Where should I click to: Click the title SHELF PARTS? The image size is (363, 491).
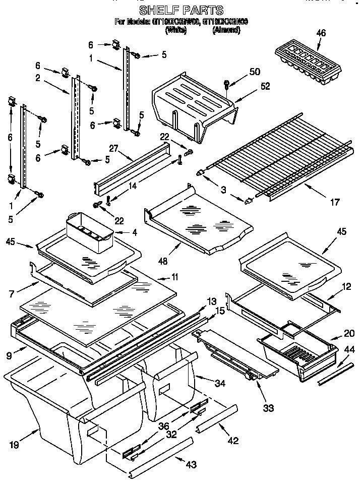pyautogui.click(x=181, y=10)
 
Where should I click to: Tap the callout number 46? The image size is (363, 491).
pyautogui.click(x=321, y=33)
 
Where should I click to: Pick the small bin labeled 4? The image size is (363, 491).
pyautogui.click(x=91, y=231)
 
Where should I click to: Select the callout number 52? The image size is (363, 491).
pyautogui.click(x=265, y=86)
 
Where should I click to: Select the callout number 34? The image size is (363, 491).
pyautogui.click(x=219, y=384)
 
